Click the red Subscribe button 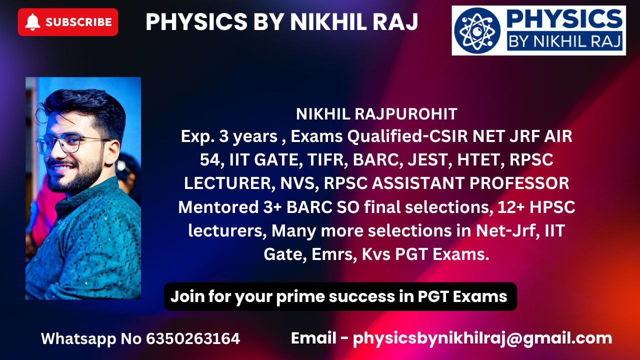67,22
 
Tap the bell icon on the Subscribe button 32,22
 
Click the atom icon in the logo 477,30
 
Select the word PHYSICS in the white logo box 564,19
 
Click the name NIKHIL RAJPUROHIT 376,114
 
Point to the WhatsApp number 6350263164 193,338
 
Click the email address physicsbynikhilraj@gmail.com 482,339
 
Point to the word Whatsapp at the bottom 78,339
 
